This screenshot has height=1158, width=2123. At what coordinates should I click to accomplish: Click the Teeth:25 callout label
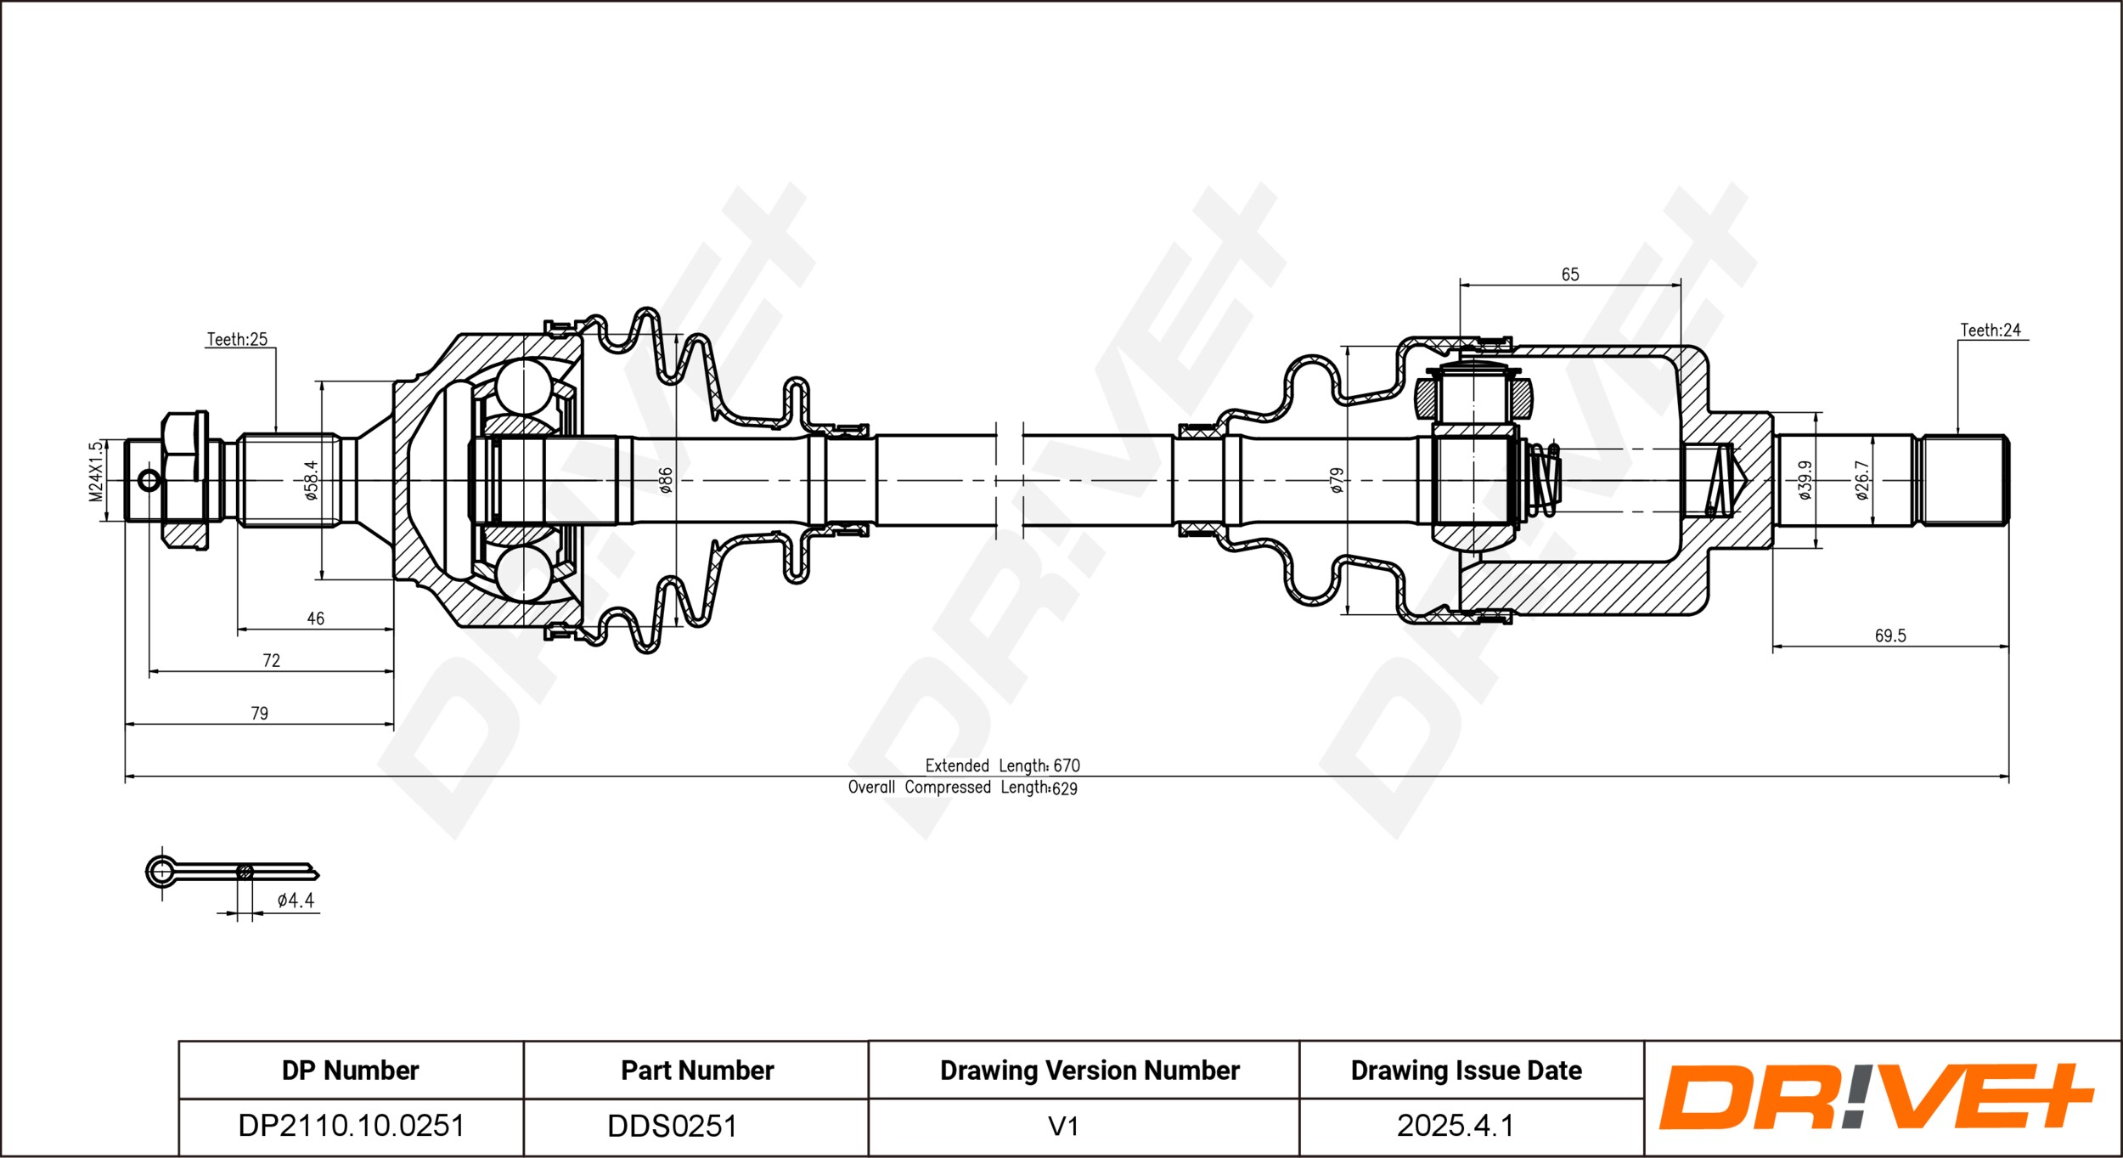click(237, 339)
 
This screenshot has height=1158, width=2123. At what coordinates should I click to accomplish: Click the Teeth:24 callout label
click(1990, 330)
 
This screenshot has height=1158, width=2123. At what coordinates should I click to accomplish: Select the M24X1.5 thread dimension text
click(97, 471)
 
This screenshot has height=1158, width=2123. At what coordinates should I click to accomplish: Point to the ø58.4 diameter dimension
click(312, 480)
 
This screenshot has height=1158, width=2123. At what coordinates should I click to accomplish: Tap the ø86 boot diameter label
click(666, 480)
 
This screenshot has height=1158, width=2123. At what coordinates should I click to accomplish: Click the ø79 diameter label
click(1337, 480)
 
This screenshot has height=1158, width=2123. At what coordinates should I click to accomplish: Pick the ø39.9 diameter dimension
click(1805, 480)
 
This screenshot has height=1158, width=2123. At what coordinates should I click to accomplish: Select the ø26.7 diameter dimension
click(1861, 480)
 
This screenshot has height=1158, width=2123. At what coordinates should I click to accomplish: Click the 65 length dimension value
click(1570, 274)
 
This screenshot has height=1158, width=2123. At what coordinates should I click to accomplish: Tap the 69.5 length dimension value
click(1890, 635)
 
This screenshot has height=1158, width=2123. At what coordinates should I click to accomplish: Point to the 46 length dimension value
click(315, 619)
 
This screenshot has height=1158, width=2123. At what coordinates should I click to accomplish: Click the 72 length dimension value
click(271, 660)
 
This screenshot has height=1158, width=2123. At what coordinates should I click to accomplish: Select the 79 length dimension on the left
click(259, 713)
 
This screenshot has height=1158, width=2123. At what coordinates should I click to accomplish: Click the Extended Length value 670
click(1067, 765)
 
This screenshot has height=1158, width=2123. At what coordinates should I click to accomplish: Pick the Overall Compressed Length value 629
click(1064, 788)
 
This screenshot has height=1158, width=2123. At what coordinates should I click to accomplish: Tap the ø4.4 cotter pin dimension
click(296, 900)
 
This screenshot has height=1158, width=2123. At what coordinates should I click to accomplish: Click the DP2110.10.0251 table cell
click(351, 1126)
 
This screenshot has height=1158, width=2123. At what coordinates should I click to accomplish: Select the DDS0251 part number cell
click(672, 1126)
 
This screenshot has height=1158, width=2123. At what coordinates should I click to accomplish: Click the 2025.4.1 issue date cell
click(1455, 1126)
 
